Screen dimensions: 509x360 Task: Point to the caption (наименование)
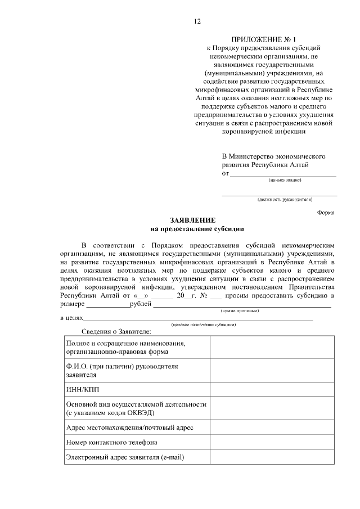[285, 181]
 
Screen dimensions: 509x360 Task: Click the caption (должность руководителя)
[285, 199]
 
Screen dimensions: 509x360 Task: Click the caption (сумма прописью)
[239, 310]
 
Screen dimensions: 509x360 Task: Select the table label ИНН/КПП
[79, 389]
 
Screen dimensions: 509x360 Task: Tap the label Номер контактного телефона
[111, 443]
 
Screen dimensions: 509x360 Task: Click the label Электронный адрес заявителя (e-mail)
[125, 458]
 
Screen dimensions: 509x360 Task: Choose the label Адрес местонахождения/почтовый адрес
[130, 427]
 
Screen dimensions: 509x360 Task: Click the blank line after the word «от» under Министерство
[283, 174]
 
